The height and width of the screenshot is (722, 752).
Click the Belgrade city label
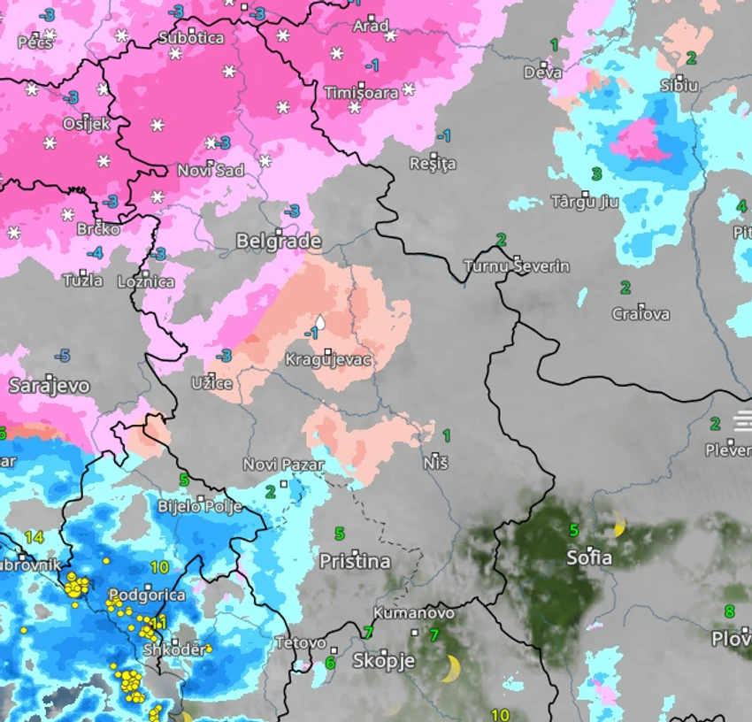(279, 242)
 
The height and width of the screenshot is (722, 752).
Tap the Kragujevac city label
(328, 360)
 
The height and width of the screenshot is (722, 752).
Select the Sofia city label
(589, 558)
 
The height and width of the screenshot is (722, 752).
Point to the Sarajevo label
(50, 386)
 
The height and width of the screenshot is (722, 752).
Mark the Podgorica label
(147, 595)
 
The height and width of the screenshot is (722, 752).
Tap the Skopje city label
(384, 661)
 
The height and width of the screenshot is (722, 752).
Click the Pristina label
(355, 562)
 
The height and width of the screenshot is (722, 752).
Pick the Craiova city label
(641, 314)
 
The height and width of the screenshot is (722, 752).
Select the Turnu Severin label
(518, 266)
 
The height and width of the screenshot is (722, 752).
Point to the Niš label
(435, 463)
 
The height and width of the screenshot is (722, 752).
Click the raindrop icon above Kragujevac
(320, 324)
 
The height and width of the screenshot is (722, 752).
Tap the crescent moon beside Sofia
(620, 527)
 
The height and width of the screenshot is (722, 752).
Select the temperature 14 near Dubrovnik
(34, 537)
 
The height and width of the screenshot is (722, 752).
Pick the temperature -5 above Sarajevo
(62, 356)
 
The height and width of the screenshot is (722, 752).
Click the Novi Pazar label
(284, 465)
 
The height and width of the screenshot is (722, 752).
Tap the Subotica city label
(191, 38)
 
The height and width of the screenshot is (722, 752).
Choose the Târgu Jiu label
(585, 202)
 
